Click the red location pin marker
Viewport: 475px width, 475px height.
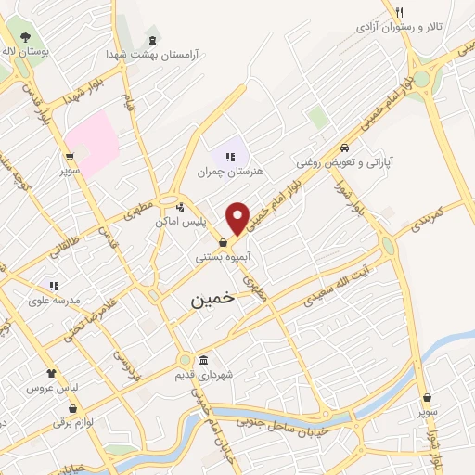[x=237, y=218]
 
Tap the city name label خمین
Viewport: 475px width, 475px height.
[x=212, y=301]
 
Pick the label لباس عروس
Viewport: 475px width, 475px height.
[x=48, y=387]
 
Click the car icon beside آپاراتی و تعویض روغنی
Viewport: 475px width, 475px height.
[x=344, y=148]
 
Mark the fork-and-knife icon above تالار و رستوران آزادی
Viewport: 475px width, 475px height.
[x=399, y=12]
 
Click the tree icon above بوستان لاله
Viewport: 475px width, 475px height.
[x=25, y=38]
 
